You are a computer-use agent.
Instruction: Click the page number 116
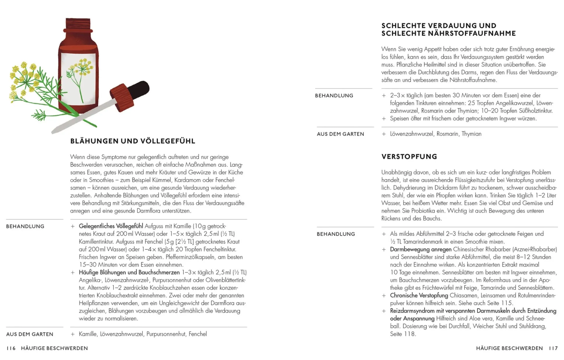(11, 348)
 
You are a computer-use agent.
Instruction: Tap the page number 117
(553, 348)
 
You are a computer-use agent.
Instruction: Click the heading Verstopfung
(409, 157)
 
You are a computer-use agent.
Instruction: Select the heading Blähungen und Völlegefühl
(133, 141)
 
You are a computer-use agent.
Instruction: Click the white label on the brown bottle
(78, 78)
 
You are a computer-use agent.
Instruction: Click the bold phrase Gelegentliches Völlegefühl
(111, 226)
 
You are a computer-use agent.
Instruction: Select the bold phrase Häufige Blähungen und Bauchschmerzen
(129, 272)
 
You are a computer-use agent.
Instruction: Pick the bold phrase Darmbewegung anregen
(421, 249)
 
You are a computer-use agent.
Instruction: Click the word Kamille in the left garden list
(88, 334)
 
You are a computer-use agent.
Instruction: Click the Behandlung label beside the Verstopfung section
(336, 234)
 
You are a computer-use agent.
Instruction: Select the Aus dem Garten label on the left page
(30, 334)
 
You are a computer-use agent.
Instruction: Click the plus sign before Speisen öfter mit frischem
(384, 119)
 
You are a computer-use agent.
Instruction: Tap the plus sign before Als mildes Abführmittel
(384, 234)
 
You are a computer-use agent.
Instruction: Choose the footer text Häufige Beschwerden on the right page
(509, 348)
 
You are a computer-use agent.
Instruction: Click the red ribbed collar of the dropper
(122, 97)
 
